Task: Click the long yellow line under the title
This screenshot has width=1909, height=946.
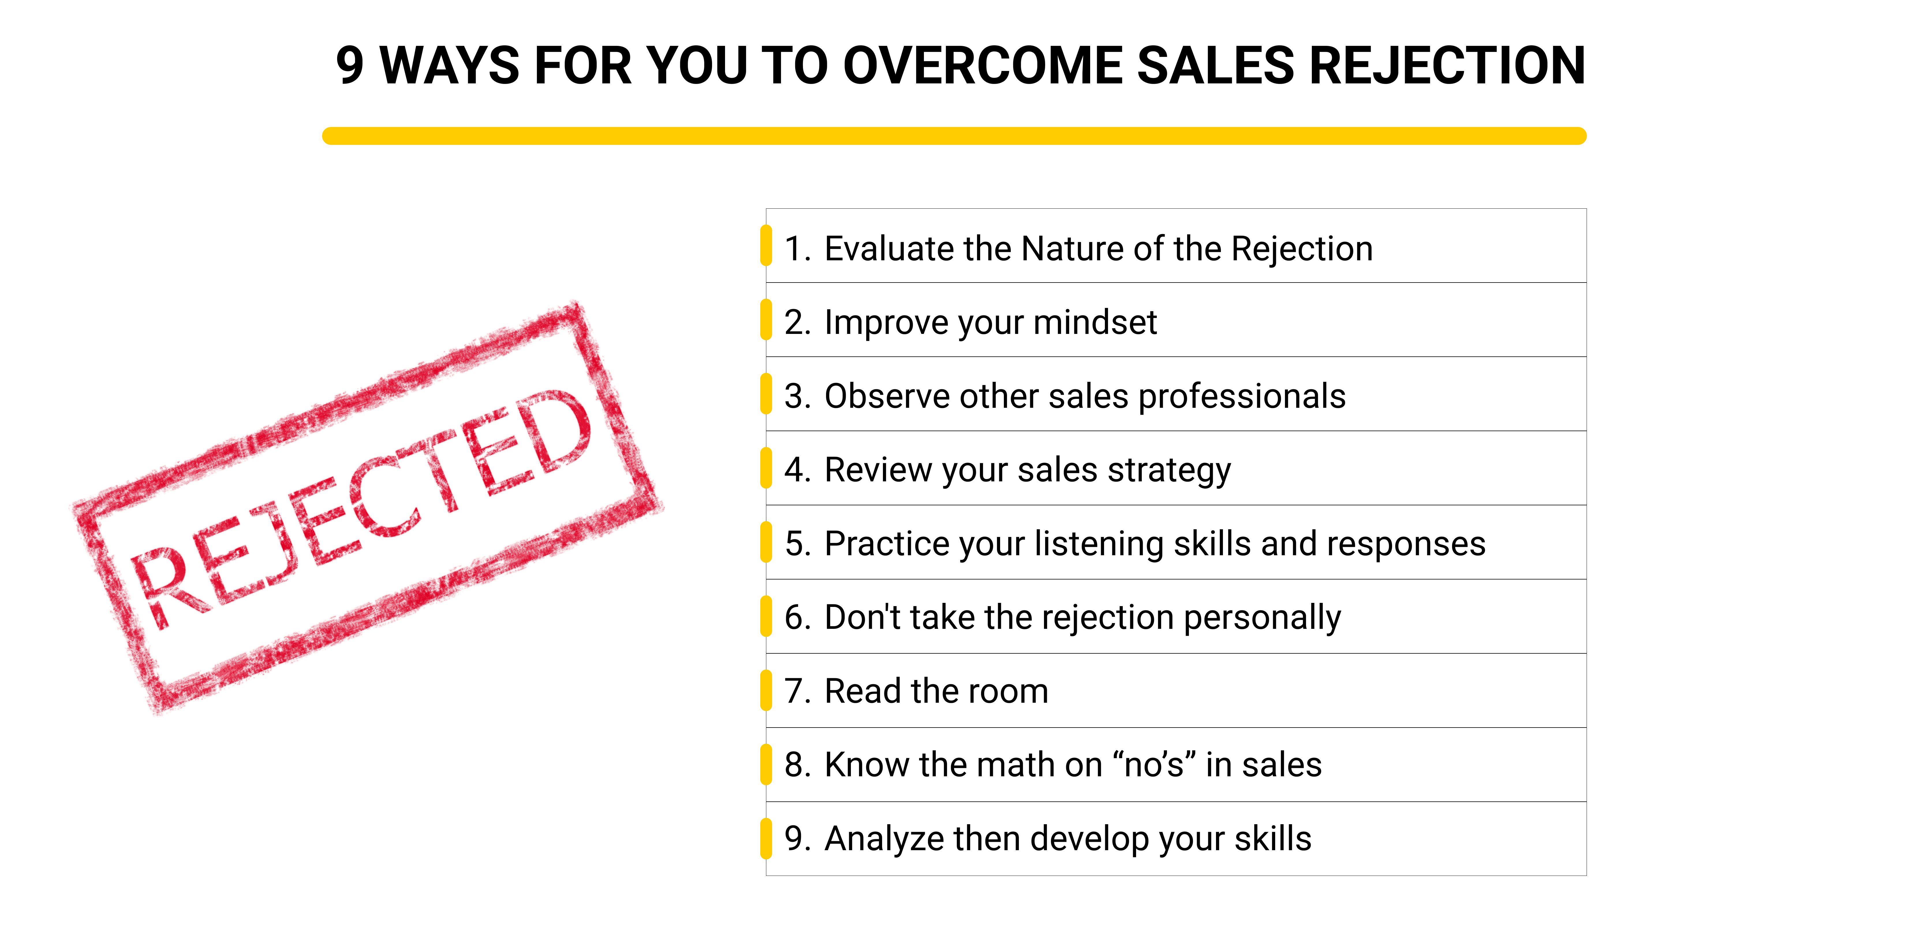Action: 954,136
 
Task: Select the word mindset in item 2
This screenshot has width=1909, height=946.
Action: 1095,322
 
